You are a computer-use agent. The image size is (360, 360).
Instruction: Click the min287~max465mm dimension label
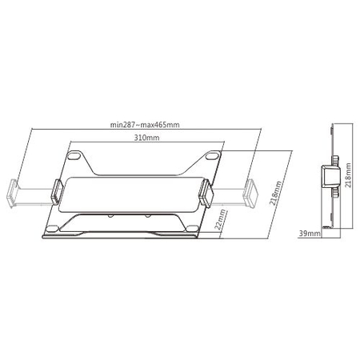click(x=146, y=124)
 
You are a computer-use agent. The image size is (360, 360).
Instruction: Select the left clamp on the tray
click(x=58, y=190)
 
